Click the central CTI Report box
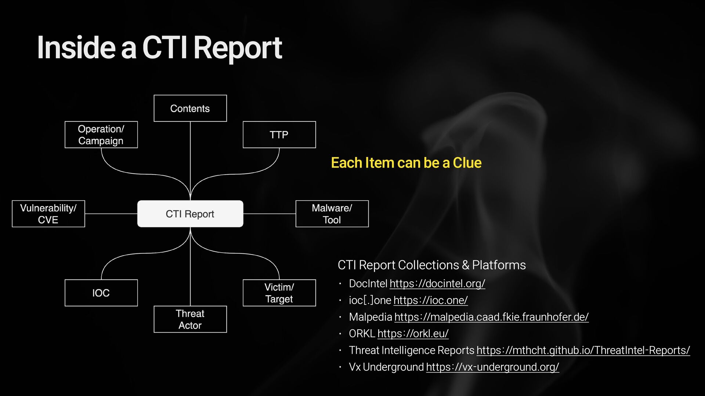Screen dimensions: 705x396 [190, 214]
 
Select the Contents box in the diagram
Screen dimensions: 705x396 [190, 109]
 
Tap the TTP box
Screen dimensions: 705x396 [279, 135]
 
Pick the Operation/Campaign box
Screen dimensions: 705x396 [101, 135]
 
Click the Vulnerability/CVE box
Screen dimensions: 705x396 [48, 214]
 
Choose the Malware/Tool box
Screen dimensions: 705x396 [332, 214]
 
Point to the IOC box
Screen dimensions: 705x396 [101, 293]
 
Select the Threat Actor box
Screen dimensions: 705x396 [190, 319]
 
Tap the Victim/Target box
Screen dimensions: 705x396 [279, 293]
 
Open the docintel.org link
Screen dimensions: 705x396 [437, 283]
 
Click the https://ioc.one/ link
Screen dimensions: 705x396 [430, 300]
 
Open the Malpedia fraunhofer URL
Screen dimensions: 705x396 [491, 317]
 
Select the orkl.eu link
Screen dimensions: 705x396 [413, 334]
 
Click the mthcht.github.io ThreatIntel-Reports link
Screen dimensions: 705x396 [583, 350]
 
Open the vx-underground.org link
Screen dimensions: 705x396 [492, 367]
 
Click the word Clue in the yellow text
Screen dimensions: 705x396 [467, 163]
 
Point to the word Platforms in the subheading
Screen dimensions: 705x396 [499, 265]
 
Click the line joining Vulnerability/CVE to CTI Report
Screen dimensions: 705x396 [111, 214]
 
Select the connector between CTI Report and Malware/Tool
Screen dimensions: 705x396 [269, 214]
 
